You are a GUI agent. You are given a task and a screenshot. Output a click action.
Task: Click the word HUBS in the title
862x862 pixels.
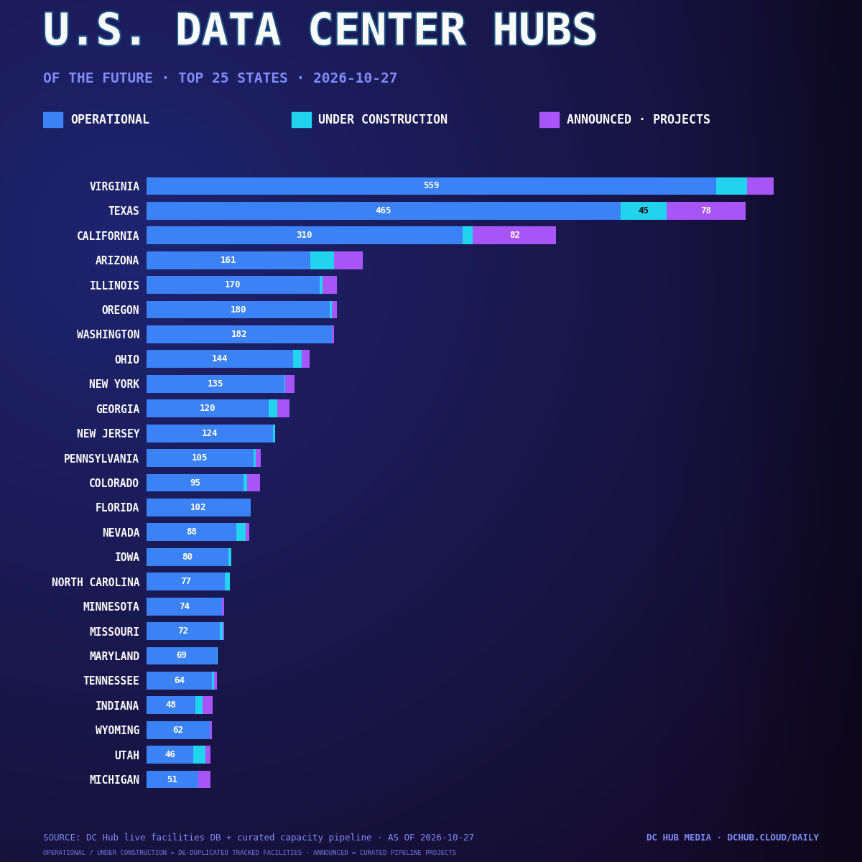click(544, 29)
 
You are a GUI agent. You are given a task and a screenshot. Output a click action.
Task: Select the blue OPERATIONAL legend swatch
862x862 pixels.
click(52, 120)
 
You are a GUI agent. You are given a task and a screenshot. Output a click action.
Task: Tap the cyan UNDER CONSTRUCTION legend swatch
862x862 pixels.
click(301, 120)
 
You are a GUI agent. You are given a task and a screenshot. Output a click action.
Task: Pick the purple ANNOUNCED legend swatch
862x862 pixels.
click(549, 120)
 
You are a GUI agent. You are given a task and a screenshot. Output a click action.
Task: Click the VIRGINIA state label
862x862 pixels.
click(114, 187)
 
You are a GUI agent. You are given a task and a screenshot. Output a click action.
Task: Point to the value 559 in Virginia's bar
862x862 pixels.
click(431, 185)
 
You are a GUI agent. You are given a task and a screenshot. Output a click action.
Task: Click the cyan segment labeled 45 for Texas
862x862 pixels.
click(643, 210)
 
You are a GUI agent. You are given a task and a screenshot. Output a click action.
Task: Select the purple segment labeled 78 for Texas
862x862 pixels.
click(706, 210)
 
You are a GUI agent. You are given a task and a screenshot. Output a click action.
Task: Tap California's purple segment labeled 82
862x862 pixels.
click(514, 236)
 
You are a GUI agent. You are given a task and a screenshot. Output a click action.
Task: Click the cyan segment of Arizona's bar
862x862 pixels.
click(322, 260)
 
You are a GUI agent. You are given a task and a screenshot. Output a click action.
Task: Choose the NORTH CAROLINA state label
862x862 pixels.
click(96, 583)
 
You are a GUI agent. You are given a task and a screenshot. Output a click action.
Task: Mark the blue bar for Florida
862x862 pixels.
click(198, 508)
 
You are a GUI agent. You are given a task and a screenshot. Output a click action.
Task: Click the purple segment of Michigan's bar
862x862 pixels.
click(205, 779)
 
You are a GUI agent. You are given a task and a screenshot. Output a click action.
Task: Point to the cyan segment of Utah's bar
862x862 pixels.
click(200, 755)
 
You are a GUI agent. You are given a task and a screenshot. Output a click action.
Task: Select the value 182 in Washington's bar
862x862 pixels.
click(239, 334)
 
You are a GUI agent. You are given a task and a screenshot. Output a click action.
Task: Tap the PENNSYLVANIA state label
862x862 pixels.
click(101, 459)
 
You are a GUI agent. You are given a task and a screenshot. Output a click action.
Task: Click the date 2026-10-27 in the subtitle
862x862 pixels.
click(355, 78)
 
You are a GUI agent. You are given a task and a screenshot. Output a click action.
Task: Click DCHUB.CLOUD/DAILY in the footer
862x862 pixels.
click(772, 838)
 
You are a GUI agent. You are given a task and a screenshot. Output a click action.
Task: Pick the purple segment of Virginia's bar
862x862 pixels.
click(760, 186)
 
